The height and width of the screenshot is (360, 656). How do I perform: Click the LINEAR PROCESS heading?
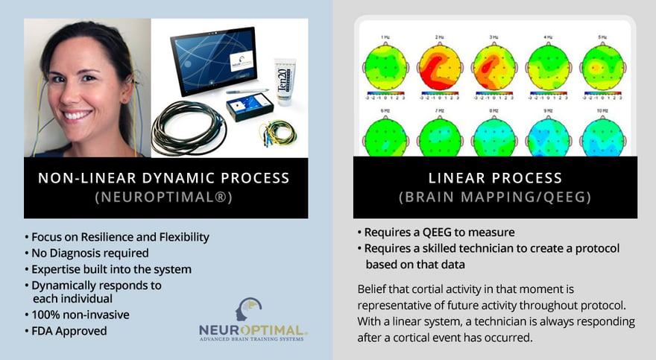494,178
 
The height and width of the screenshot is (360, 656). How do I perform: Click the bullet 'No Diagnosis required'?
89,253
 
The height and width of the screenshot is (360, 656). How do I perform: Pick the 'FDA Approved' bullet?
68,330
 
